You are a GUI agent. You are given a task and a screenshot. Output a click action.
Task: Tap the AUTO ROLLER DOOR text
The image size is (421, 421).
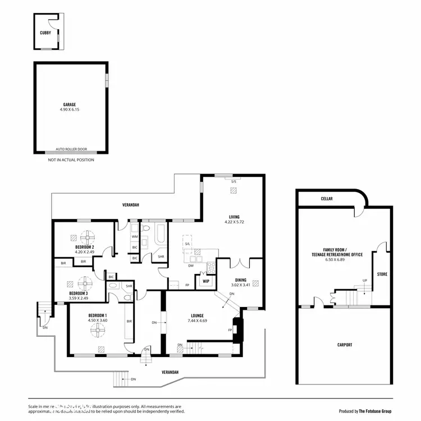(70, 150)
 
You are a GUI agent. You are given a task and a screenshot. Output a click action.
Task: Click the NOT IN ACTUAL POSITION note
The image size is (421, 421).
(71, 160)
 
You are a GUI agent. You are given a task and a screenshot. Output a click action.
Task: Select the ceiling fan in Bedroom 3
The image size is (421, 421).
(85, 282)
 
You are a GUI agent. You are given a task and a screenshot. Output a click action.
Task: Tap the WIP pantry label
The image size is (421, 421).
(206, 281)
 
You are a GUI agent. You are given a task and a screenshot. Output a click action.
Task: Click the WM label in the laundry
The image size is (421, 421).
(135, 237)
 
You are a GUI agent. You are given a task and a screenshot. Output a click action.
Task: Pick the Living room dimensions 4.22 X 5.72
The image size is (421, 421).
(234, 221)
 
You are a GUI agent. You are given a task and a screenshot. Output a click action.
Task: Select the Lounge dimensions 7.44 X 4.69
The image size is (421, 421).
(196, 321)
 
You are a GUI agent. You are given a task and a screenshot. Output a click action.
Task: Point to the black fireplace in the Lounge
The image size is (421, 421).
(238, 330)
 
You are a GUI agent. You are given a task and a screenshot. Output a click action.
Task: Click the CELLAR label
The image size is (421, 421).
(327, 199)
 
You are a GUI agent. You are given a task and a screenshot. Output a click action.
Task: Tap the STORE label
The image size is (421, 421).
(382, 274)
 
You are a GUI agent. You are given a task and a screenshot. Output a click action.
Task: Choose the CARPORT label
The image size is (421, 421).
(344, 345)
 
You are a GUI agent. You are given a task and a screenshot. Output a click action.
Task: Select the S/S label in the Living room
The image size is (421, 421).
(234, 181)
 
